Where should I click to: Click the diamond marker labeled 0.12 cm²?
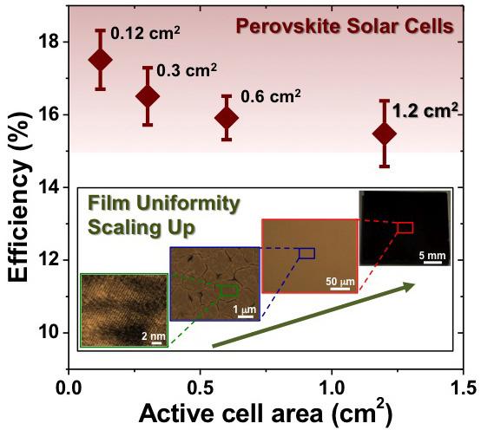click(101, 59)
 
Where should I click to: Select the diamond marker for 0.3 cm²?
click(148, 95)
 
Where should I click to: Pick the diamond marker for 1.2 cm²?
click(384, 134)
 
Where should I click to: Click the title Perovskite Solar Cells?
click(355, 27)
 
